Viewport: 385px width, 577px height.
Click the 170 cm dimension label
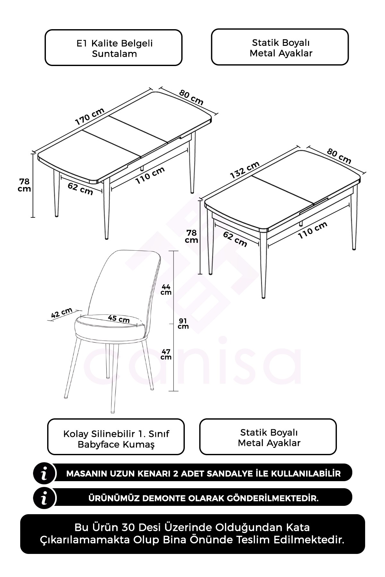[x=90, y=116]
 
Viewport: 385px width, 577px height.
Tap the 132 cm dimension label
[x=245, y=170]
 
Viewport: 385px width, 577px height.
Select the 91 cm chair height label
[x=183, y=323]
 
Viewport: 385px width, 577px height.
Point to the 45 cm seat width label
[x=119, y=319]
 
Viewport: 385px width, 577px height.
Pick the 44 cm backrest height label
[x=166, y=289]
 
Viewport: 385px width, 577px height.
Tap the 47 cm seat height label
[x=166, y=354]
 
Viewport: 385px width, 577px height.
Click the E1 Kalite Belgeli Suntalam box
[x=114, y=48]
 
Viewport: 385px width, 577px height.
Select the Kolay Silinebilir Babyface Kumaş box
[x=116, y=437]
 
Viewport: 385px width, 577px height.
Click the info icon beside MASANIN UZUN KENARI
[x=45, y=473]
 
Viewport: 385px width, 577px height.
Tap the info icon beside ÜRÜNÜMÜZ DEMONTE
[x=45, y=498]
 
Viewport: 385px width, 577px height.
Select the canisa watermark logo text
[x=194, y=361]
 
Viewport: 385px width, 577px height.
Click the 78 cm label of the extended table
[x=24, y=185]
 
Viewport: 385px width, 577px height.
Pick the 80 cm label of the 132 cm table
[x=339, y=156]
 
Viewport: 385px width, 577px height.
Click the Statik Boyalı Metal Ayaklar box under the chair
[x=268, y=437]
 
